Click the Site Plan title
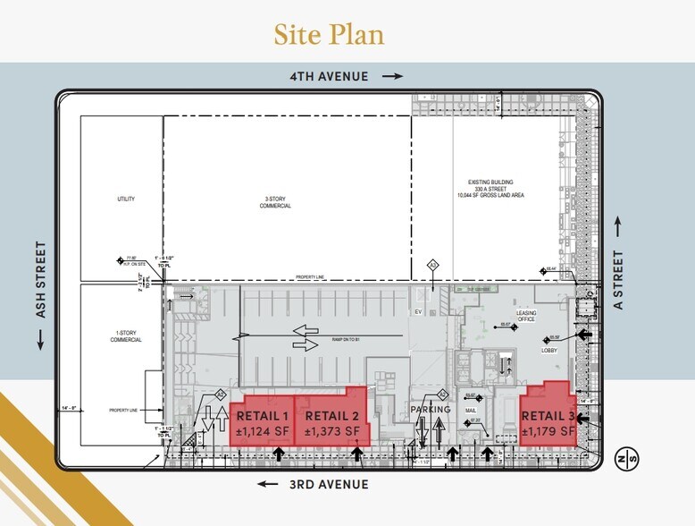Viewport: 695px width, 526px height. tap(329, 34)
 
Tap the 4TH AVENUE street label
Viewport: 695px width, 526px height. tap(328, 77)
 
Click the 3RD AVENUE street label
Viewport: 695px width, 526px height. tap(328, 484)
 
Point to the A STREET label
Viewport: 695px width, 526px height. tap(619, 280)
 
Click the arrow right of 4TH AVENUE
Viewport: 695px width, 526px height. tap(392, 77)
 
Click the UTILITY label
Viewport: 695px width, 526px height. tap(125, 199)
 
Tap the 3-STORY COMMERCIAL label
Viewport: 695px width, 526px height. tap(286, 202)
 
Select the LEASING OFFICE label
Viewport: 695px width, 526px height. tap(526, 316)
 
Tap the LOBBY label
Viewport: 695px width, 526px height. tap(550, 352)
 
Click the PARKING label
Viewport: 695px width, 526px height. tap(431, 410)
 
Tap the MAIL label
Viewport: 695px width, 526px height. tap(471, 411)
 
